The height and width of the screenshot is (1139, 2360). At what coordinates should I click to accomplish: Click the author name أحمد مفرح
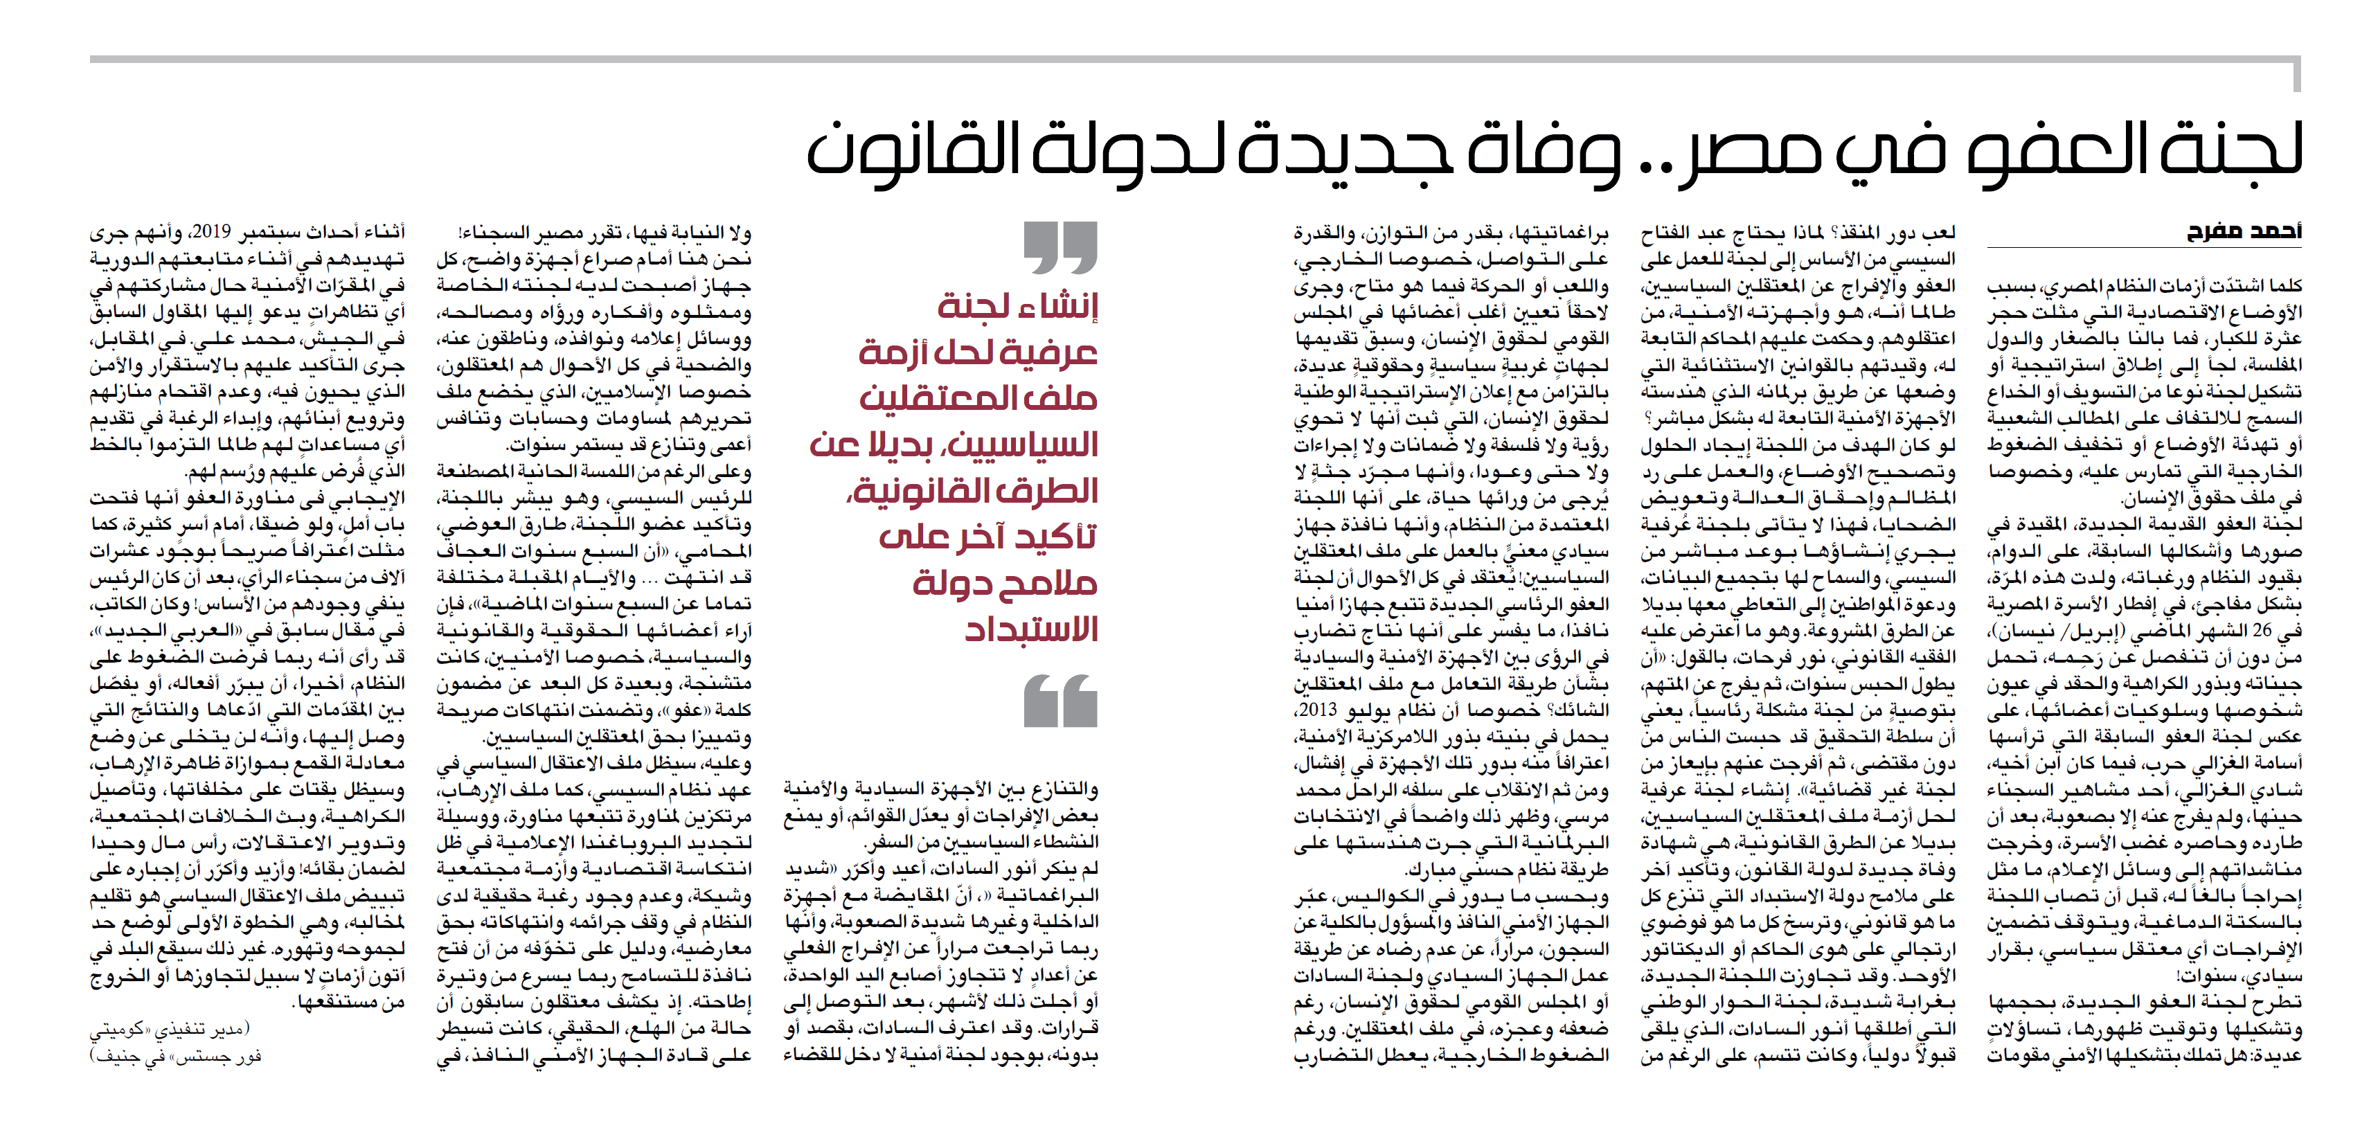pyautogui.click(x=2244, y=231)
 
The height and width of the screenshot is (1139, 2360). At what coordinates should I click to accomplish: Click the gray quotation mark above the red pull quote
pyautogui.click(x=1060, y=247)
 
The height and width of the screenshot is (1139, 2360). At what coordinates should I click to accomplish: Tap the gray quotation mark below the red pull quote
pyautogui.click(x=1060, y=701)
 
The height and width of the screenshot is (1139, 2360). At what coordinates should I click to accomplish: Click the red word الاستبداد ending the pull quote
pyautogui.click(x=1030, y=629)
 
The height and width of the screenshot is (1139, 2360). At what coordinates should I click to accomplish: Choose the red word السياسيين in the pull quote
pyautogui.click(x=1022, y=445)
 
